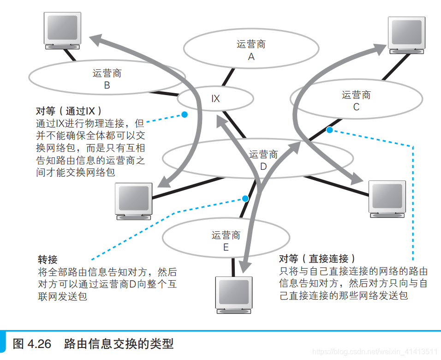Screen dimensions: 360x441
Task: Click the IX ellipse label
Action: [215, 99]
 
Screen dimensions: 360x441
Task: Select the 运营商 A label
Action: [251, 50]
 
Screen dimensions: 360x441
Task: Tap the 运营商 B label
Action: [107, 79]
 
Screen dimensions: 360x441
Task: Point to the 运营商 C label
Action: [356, 101]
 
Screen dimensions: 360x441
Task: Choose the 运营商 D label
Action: [263, 160]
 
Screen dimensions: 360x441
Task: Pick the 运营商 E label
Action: [226, 241]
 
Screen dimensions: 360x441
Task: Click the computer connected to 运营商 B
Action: [62, 30]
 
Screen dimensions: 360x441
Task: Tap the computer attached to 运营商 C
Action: [406, 34]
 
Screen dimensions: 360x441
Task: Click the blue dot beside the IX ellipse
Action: [185, 114]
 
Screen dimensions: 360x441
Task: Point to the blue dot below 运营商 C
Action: [329, 130]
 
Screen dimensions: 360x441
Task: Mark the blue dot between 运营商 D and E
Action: [245, 198]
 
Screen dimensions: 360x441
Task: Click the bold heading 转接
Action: [48, 259]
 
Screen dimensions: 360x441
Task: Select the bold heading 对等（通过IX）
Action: [69, 111]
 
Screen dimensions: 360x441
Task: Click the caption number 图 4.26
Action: [33, 344]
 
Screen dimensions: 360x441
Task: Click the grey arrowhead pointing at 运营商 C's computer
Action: [380, 46]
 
